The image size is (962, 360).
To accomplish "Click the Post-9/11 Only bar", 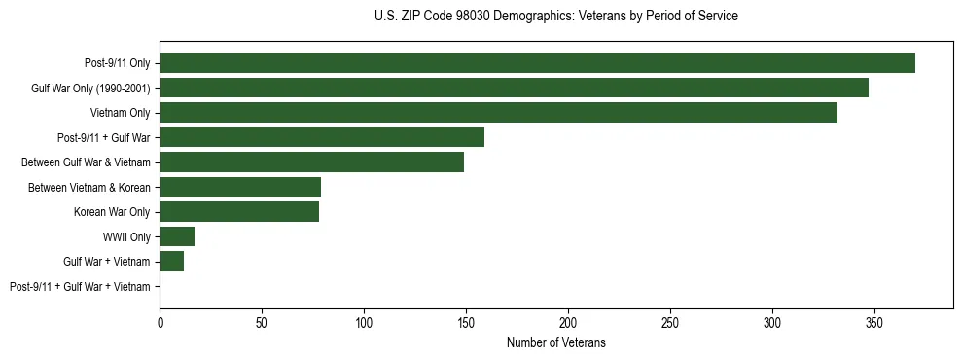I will (537, 63).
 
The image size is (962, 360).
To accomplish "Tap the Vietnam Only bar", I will (498, 113).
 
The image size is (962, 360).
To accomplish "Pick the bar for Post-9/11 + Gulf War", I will (322, 137).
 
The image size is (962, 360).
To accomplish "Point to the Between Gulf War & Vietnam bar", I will (311, 162).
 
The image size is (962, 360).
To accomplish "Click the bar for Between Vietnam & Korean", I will (240, 187).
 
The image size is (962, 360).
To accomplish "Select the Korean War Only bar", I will (239, 212).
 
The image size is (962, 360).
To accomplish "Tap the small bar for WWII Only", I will (177, 236).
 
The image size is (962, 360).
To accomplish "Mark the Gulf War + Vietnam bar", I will (171, 262).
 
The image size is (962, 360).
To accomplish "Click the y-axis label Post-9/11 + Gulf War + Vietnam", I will (80, 287).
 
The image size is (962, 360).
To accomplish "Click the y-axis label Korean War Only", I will (112, 212).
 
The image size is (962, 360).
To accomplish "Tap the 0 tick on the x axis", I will (160, 322).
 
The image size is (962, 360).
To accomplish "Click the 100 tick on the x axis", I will (364, 322).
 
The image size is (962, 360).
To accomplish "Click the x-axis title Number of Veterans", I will (555, 342).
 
